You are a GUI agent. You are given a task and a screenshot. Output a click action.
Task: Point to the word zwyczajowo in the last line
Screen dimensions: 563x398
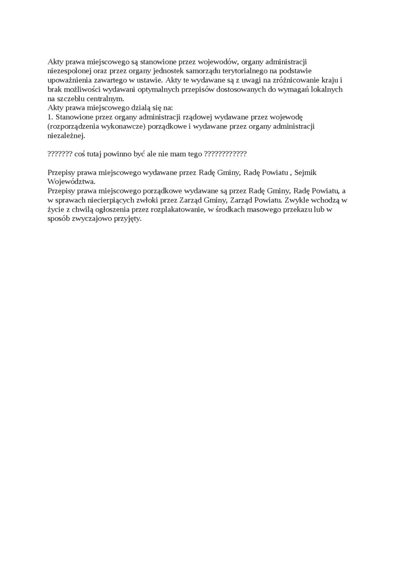(x=92, y=218)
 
